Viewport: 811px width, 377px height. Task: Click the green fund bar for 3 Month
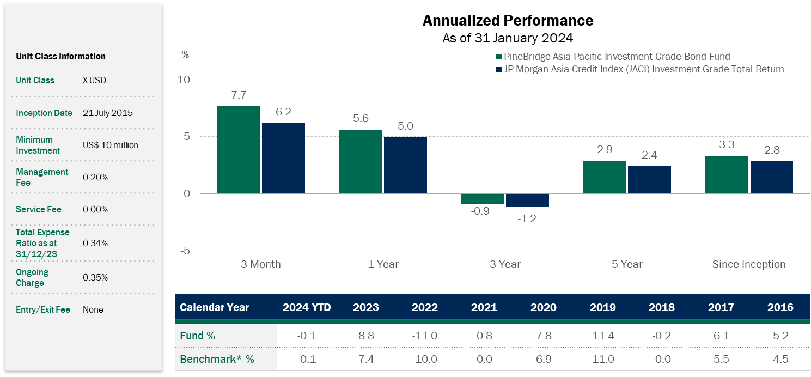239,150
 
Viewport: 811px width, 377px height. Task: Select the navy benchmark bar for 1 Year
405,165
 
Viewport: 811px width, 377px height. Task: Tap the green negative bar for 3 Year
483,199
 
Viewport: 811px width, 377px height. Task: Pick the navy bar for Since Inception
771,177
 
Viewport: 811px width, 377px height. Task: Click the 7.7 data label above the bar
239,95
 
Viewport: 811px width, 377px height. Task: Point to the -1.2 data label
527,218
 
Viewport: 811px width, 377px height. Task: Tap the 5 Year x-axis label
627,265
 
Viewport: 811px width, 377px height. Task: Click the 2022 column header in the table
425,307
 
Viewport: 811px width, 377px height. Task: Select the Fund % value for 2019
602,336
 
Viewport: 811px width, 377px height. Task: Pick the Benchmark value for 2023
365,360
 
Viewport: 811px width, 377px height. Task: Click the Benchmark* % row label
217,360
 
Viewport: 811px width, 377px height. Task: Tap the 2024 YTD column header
307,307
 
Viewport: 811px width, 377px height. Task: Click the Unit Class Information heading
60,56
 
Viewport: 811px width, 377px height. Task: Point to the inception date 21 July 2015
108,113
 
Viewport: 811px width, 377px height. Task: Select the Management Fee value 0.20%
95,178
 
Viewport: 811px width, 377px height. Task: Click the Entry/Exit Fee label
43,309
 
